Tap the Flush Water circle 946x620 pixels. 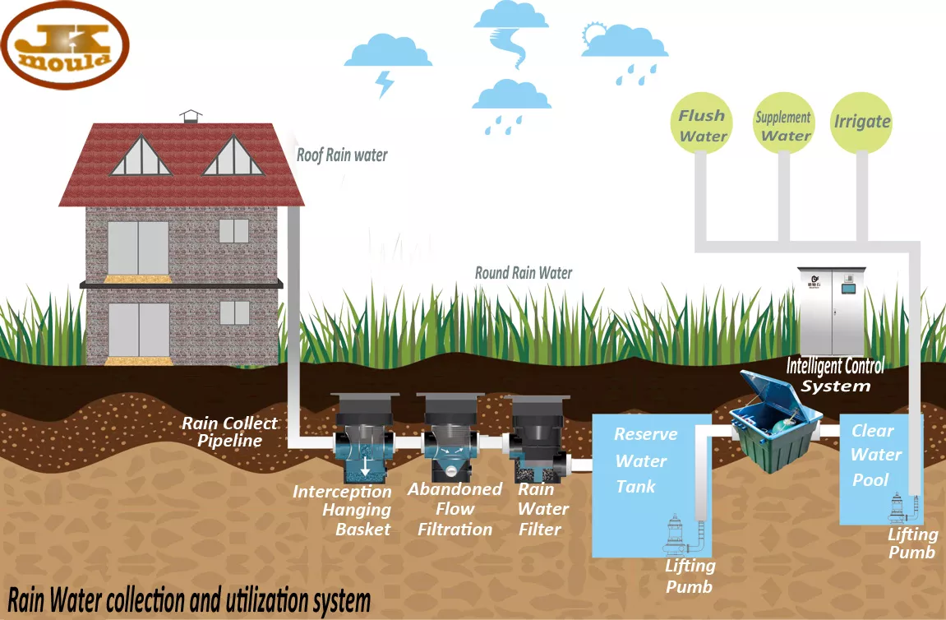pyautogui.click(x=702, y=125)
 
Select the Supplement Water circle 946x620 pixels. pyautogui.click(x=784, y=125)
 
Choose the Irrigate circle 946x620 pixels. pyautogui.click(x=861, y=123)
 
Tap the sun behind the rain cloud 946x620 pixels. pyautogui.click(x=593, y=35)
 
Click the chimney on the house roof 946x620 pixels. pyautogui.click(x=191, y=116)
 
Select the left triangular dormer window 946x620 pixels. pyautogui.click(x=141, y=157)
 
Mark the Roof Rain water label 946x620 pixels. pyautogui.click(x=342, y=155)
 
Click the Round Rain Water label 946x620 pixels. pyautogui.click(x=524, y=273)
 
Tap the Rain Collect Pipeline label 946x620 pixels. pyautogui.click(x=229, y=432)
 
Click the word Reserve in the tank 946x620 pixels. pyautogui.click(x=646, y=434)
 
